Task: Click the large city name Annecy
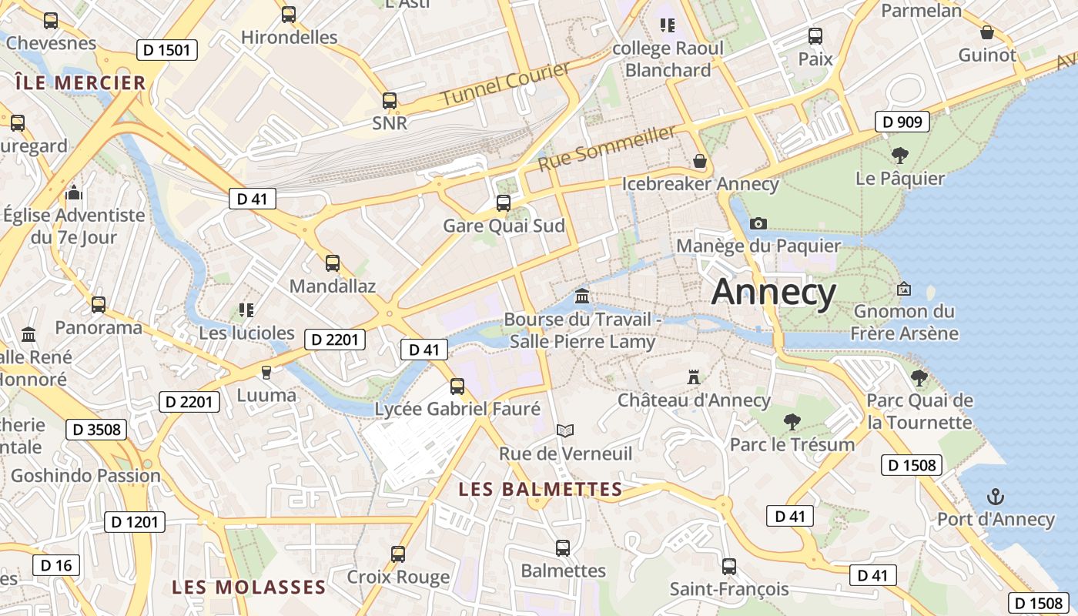click(773, 293)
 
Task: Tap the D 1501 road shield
click(167, 51)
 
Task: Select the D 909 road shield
click(902, 122)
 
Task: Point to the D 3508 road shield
click(96, 430)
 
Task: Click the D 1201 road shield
click(135, 522)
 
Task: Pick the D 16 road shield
click(56, 565)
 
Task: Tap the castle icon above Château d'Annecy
click(694, 377)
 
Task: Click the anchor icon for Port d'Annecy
click(996, 496)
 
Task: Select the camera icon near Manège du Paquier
click(758, 223)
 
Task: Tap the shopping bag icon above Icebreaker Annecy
click(699, 161)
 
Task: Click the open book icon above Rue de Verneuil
click(565, 430)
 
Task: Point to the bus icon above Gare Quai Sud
click(504, 203)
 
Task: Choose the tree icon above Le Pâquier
click(899, 156)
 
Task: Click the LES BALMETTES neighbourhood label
click(540, 489)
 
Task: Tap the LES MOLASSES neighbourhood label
click(249, 588)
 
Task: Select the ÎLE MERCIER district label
click(80, 83)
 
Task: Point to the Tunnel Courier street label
click(506, 84)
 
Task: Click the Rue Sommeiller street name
click(607, 149)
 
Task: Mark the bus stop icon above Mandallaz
click(333, 263)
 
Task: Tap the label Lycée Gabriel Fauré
click(457, 410)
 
